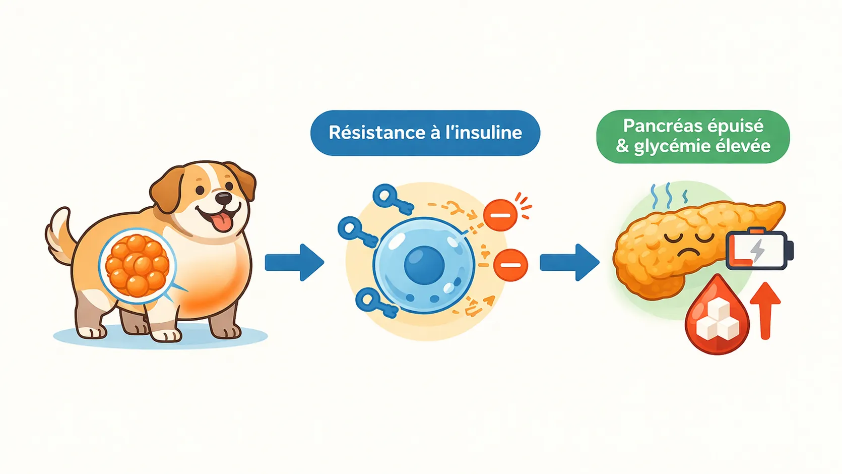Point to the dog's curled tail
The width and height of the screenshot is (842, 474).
(59, 234)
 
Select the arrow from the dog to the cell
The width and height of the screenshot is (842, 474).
(294, 262)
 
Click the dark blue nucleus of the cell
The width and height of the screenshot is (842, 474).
(424, 264)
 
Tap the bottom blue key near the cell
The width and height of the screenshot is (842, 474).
(375, 303)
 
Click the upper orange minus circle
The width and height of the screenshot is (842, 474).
(500, 215)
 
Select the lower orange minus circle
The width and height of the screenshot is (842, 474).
(510, 265)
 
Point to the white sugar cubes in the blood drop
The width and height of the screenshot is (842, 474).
(717, 321)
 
